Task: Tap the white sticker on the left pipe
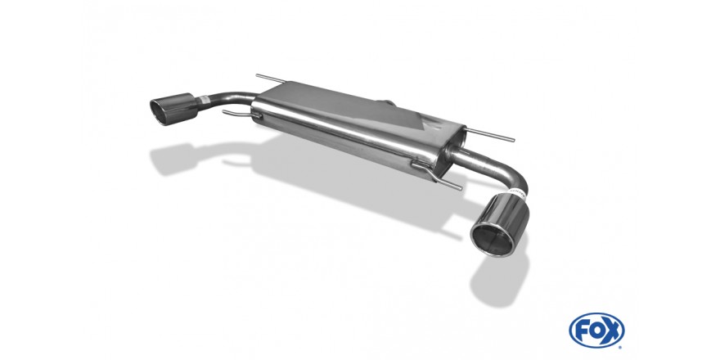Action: pyautogui.click(x=203, y=99)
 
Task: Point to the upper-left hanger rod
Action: pyautogui.click(x=271, y=79)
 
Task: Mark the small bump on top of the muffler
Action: pyautogui.click(x=388, y=102)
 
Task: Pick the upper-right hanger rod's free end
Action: pyautogui.click(x=513, y=140)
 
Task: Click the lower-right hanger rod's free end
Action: pyautogui.click(x=460, y=188)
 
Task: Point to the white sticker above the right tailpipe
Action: pyautogui.click(x=517, y=191)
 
